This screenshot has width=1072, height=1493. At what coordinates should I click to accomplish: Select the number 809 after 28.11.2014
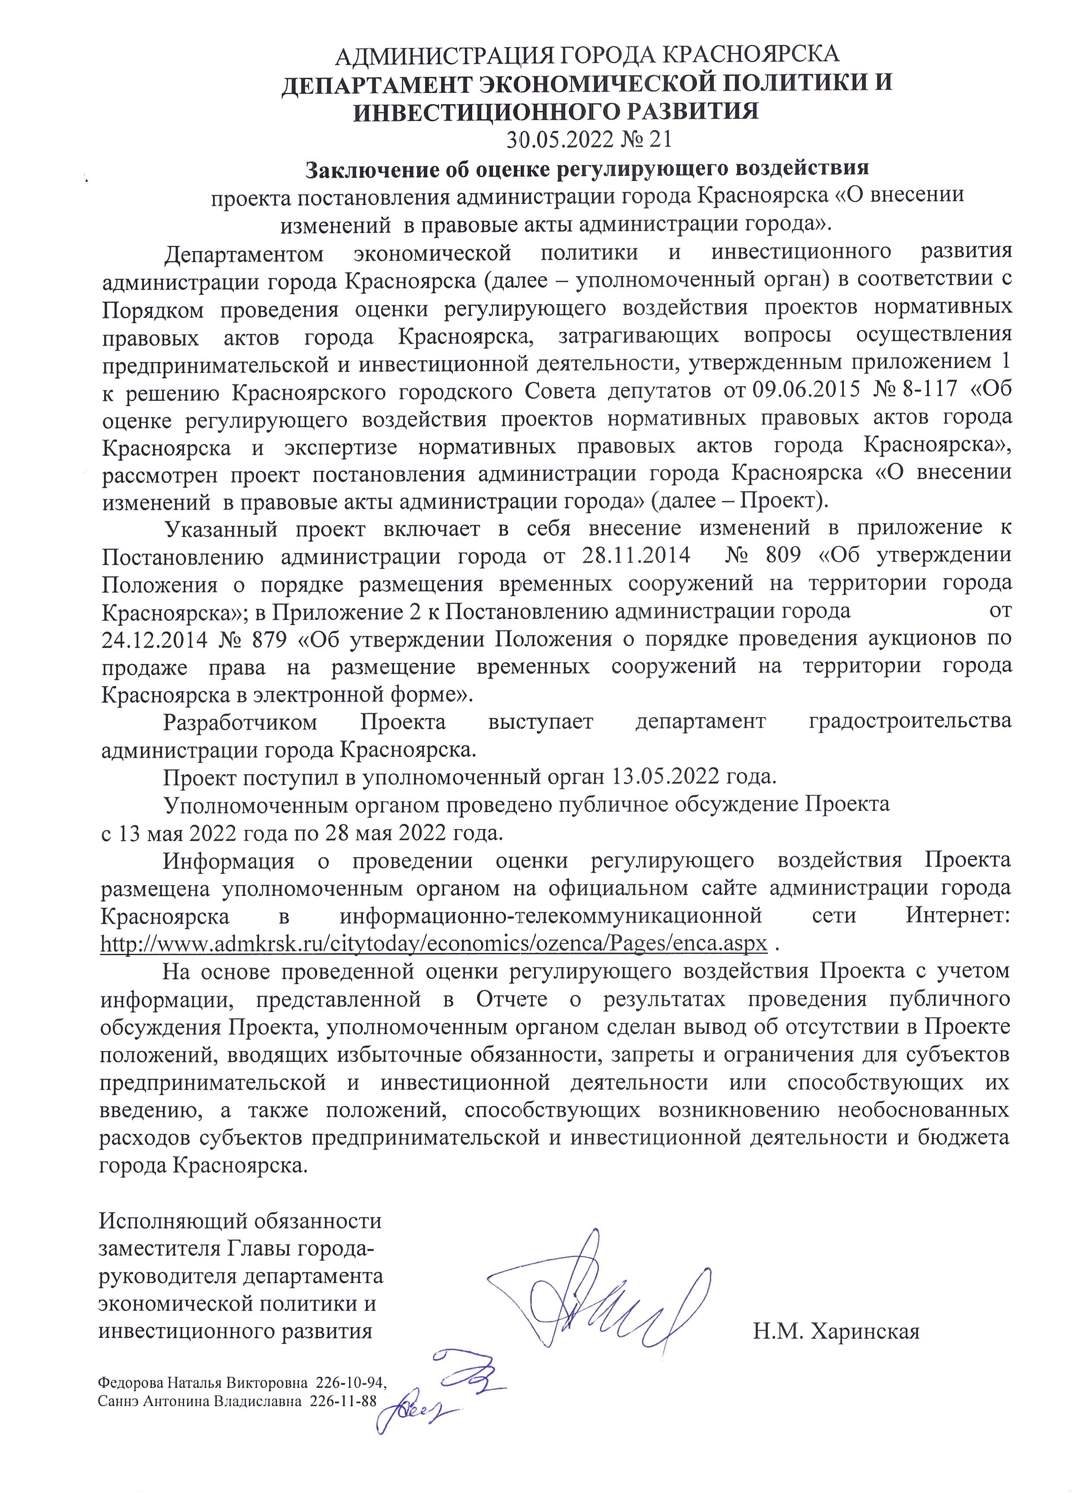pyautogui.click(x=782, y=556)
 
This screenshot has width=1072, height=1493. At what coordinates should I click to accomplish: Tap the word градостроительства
pyautogui.click(x=909, y=722)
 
